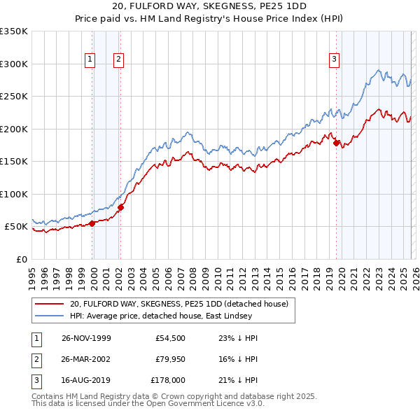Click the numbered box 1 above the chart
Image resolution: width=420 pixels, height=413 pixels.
[91, 60]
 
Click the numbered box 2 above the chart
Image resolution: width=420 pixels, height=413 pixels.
[119, 60]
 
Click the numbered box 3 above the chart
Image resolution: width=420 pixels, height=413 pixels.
[335, 60]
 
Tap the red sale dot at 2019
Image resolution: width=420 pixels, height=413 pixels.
[336, 143]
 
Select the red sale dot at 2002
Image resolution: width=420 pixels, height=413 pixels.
[120, 207]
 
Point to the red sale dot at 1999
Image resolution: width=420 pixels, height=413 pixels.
[92, 224]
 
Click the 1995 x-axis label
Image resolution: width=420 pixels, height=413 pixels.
[32, 274]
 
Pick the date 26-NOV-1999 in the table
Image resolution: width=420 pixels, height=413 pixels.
[86, 338]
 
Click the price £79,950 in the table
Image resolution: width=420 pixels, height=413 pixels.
[168, 359]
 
